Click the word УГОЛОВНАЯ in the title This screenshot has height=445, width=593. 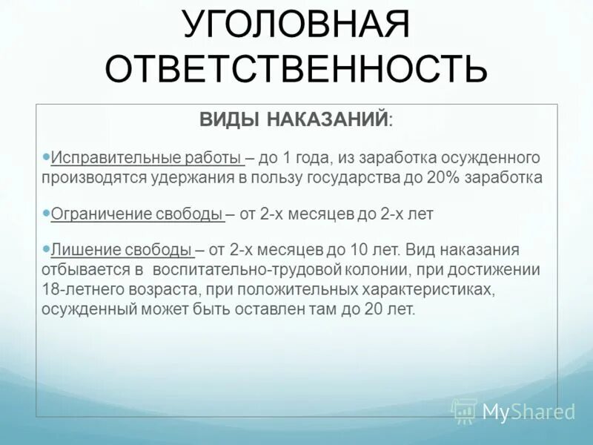(296, 27)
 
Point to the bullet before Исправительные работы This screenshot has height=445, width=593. (47, 156)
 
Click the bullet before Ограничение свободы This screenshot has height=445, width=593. (47, 212)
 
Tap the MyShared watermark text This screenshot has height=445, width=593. (529, 412)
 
